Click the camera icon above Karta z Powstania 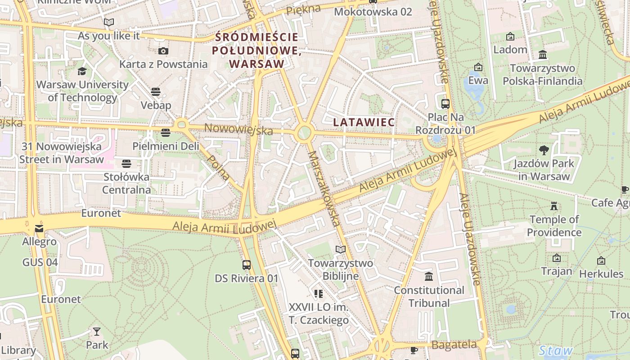pos(163,51)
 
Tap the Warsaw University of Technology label pos(82,91)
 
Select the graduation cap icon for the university pos(82,71)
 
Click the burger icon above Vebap pos(156,92)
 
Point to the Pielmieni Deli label pos(166,146)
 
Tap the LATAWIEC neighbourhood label pos(364,122)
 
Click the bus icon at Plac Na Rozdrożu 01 pos(445,104)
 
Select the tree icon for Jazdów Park pos(544,150)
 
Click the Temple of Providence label pos(554,226)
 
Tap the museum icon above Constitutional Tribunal pos(429,276)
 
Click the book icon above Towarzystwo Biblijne pos(341,249)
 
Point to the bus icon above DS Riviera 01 pos(246,265)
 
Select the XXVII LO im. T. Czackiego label pos(319,314)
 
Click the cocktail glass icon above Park pos(97,332)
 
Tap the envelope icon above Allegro pos(40,229)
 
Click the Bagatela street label pos(454,345)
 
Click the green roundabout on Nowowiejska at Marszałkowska pos(305,133)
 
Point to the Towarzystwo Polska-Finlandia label pos(542,75)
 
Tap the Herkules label pos(601,274)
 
